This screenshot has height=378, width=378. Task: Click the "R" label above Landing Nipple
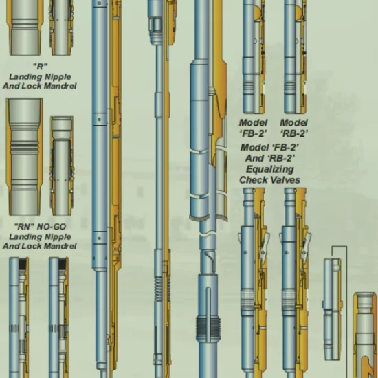(x=41, y=66)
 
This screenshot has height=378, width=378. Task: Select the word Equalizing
(x=270, y=170)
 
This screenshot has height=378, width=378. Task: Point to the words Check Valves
(x=270, y=180)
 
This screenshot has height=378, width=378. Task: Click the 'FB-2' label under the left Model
(x=253, y=133)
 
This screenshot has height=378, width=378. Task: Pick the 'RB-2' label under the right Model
(x=294, y=133)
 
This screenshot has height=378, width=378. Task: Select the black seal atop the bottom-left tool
(x=23, y=264)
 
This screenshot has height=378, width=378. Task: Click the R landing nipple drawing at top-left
(x=25, y=27)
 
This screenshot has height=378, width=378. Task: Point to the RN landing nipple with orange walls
(x=24, y=157)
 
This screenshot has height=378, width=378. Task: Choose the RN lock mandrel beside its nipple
(x=62, y=166)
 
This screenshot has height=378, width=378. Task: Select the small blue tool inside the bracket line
(x=333, y=309)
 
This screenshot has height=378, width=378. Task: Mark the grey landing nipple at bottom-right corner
(x=365, y=335)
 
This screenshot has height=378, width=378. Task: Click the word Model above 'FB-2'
(x=253, y=123)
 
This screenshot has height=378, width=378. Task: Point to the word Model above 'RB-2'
(x=294, y=123)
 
